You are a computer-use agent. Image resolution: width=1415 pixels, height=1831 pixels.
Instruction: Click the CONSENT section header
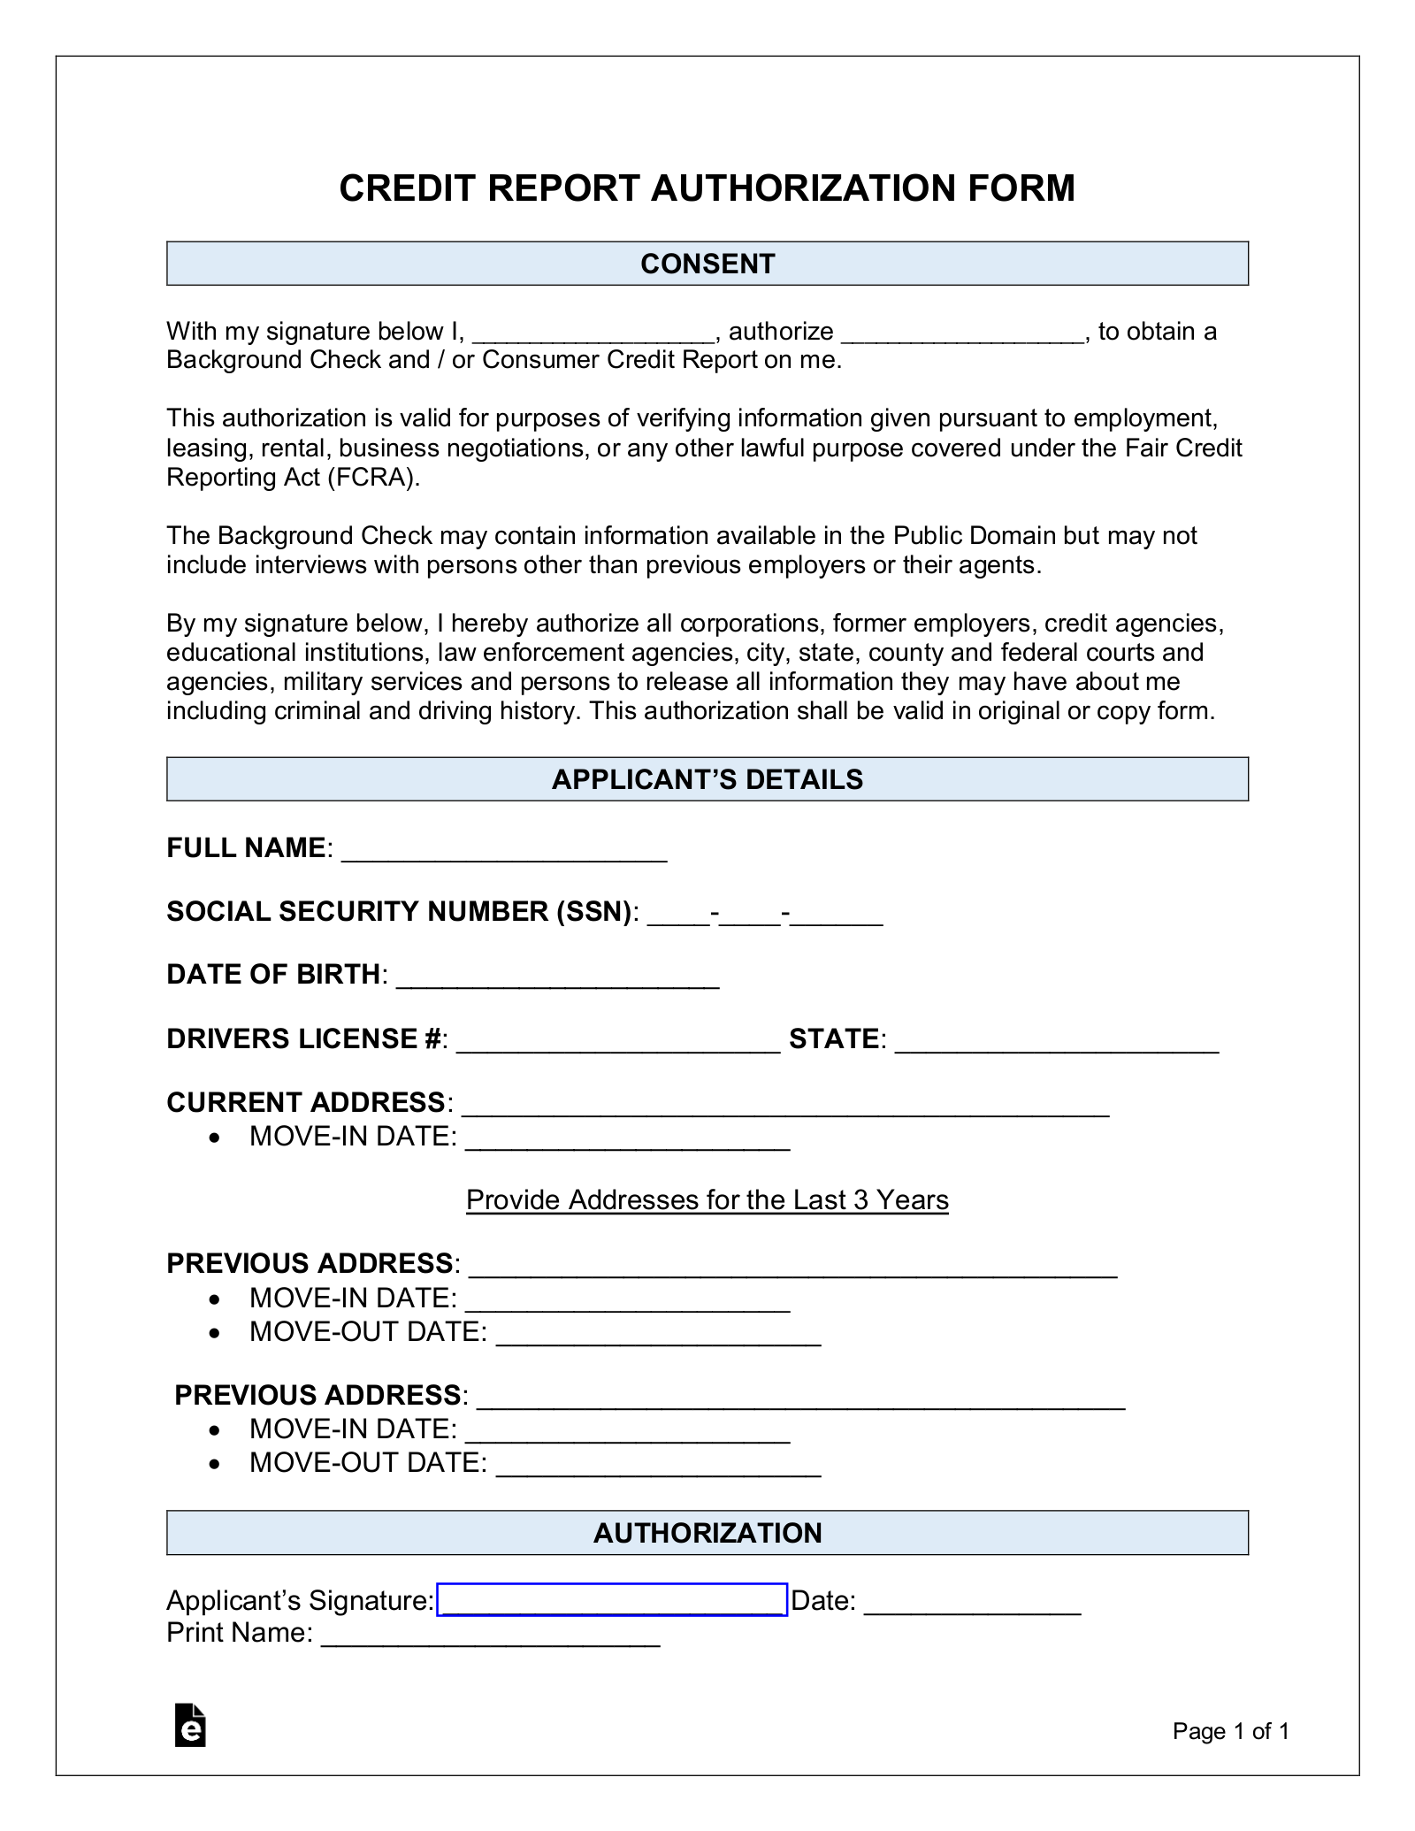pos(707,264)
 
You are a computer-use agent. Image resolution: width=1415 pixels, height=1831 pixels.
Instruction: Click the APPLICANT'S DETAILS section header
pos(707,779)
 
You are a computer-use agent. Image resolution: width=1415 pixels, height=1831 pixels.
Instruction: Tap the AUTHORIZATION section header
pos(707,1533)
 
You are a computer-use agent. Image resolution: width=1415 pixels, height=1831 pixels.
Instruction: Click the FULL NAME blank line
pos(504,851)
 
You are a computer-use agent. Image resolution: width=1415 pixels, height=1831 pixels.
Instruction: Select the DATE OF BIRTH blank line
pos(557,977)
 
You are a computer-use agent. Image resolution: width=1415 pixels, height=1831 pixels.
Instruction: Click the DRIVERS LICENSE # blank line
pos(617,1042)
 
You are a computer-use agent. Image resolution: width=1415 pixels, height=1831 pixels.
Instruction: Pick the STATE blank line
pos(1057,1042)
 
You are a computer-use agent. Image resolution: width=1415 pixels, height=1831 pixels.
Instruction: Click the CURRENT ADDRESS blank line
pos(785,1106)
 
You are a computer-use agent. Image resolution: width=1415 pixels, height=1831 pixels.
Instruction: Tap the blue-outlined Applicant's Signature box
pos(612,1599)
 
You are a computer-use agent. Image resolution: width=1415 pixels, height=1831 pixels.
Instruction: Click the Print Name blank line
pos(491,1636)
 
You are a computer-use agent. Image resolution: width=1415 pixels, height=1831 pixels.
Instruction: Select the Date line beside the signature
pos(972,1604)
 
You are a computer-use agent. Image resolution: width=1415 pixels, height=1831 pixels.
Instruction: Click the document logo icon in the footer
pos(190,1725)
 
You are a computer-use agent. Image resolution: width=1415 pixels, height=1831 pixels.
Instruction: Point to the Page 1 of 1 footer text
pos(1230,1731)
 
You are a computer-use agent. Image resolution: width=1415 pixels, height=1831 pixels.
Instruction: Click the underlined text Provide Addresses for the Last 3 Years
pos(707,1199)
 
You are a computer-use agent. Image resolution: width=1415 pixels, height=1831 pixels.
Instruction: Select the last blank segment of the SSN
pos(837,915)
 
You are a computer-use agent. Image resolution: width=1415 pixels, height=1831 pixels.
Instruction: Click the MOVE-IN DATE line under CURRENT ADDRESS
pos(627,1139)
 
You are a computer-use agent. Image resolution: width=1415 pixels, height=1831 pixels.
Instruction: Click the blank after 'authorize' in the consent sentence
pos(963,333)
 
